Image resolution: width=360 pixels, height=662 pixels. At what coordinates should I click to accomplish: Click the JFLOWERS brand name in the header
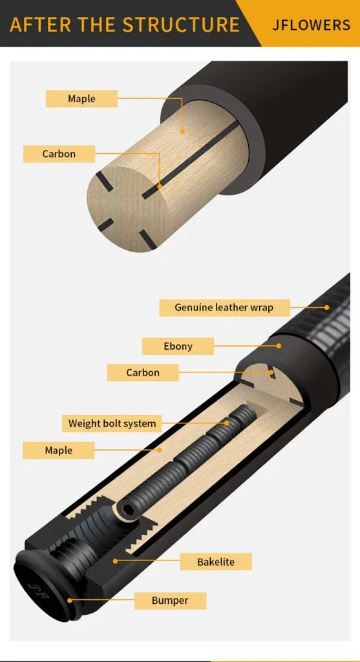pyautogui.click(x=311, y=25)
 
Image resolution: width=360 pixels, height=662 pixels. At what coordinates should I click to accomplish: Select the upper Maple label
pyautogui.click(x=81, y=99)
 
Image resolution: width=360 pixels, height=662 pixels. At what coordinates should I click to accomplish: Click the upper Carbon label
pyautogui.click(x=59, y=154)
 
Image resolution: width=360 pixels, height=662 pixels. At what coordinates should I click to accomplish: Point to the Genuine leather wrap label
pyautogui.click(x=224, y=307)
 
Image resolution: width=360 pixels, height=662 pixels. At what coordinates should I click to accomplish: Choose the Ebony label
pyautogui.click(x=178, y=346)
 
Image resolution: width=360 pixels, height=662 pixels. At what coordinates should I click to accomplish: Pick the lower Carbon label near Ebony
pyautogui.click(x=142, y=372)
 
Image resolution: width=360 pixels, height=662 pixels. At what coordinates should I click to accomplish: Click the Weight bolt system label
pyautogui.click(x=112, y=423)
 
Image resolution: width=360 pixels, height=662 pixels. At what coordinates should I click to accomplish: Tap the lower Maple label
pyautogui.click(x=58, y=450)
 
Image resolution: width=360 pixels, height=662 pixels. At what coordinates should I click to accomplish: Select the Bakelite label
pyautogui.click(x=216, y=562)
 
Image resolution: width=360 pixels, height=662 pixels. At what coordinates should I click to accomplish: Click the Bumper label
pyautogui.click(x=170, y=601)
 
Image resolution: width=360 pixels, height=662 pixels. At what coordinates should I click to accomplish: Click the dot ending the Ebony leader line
pyautogui.click(x=279, y=346)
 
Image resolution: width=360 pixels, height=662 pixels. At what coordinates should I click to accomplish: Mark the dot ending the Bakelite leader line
pyautogui.click(x=115, y=561)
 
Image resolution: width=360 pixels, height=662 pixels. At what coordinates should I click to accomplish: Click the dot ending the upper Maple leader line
pyautogui.click(x=182, y=131)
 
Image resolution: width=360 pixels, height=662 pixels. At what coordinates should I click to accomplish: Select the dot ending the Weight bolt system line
pyautogui.click(x=227, y=423)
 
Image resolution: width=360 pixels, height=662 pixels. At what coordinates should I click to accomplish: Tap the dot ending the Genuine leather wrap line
pyautogui.click(x=328, y=307)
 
